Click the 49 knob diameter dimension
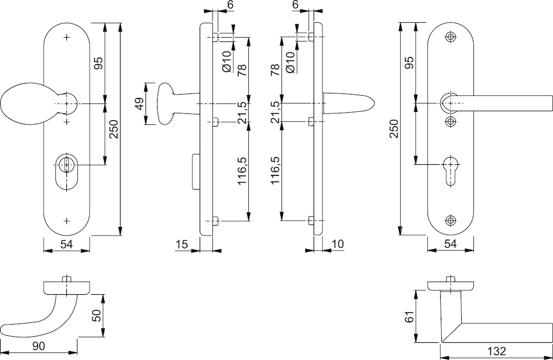click(x=140, y=103)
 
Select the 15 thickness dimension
click(x=181, y=244)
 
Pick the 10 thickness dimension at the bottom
click(x=338, y=244)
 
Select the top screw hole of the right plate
click(x=451, y=37)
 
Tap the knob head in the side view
click(x=166, y=103)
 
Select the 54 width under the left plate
click(x=67, y=244)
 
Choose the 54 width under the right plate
click(x=451, y=244)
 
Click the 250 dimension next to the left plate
click(x=114, y=130)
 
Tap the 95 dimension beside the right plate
click(x=410, y=63)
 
